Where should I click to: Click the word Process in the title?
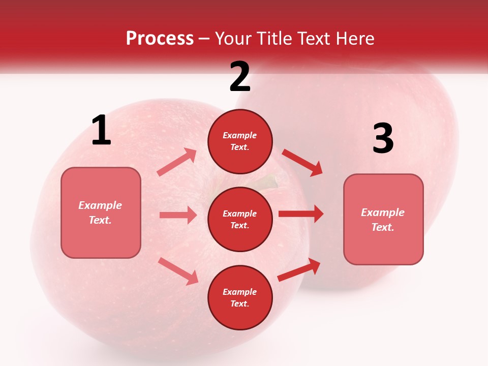click(160, 39)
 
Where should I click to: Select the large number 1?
click(101, 131)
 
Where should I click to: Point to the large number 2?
click(240, 77)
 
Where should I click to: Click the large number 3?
click(383, 139)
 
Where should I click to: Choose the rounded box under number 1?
click(101, 212)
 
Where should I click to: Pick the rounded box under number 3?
click(383, 219)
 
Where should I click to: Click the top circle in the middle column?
click(240, 141)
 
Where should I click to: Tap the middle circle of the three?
click(240, 219)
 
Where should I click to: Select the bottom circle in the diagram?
click(240, 297)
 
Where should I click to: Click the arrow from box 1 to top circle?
click(177, 162)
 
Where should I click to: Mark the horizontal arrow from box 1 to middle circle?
click(178, 215)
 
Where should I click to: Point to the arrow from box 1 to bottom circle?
click(178, 271)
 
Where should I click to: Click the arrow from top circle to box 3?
click(302, 162)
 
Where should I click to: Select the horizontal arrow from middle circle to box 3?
click(301, 214)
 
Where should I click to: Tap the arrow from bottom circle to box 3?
click(299, 270)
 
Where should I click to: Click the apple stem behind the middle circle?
click(268, 182)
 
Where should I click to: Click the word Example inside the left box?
click(100, 205)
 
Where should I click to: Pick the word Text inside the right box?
click(382, 227)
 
